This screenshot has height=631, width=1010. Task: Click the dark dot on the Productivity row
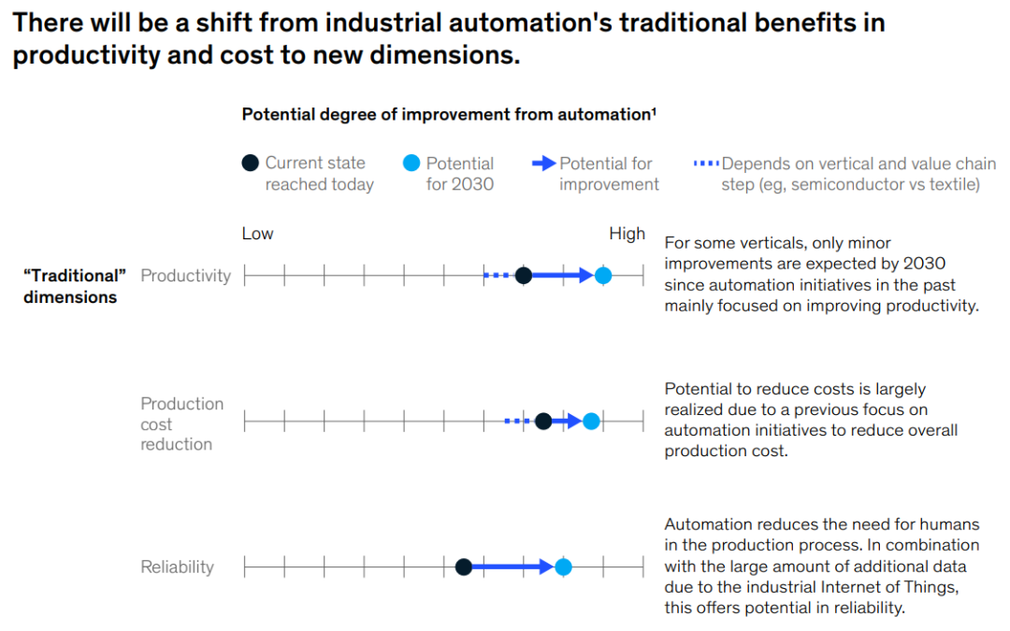tap(524, 275)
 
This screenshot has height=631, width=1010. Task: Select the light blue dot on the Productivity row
tap(603, 275)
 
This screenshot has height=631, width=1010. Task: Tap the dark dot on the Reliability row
tap(463, 566)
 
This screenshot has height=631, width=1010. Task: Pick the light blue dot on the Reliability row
tap(563, 566)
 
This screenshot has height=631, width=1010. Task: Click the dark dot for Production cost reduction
tap(543, 422)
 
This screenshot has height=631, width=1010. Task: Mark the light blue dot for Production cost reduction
tap(591, 422)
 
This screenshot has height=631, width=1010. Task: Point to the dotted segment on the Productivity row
tap(497, 275)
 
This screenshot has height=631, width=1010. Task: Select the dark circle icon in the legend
tap(250, 164)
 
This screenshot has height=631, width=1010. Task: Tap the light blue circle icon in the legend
tap(411, 164)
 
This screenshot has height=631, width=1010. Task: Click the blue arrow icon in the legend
tap(543, 164)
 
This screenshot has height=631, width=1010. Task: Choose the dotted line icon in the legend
tap(706, 164)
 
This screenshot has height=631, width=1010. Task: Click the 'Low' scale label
tap(257, 234)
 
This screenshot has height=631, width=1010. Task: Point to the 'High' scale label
tap(627, 234)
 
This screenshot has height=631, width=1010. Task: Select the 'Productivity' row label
tap(185, 276)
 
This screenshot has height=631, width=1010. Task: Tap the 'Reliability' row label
tap(177, 566)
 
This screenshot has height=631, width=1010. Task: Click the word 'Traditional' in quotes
tap(74, 276)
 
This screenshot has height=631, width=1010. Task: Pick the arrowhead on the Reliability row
tap(547, 566)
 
